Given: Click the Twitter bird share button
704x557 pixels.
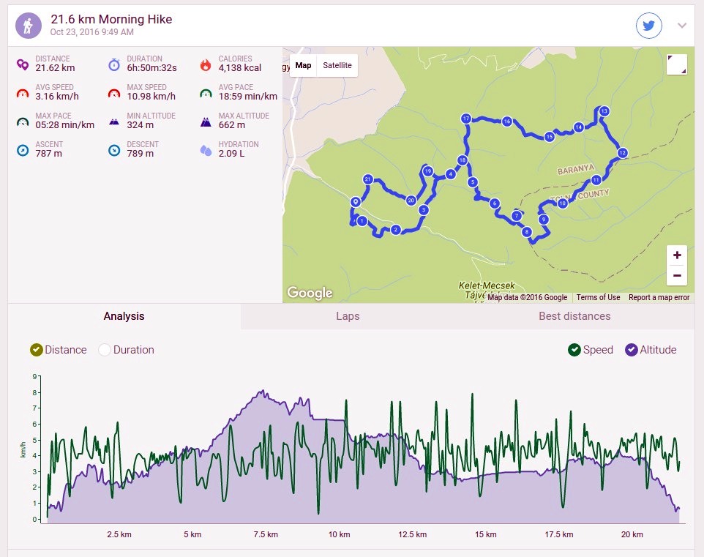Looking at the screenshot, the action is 649,26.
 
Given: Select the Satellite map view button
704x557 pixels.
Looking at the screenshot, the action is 337,66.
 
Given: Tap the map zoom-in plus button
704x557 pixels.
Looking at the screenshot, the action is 677,255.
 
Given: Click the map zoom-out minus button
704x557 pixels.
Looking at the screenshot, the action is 677,275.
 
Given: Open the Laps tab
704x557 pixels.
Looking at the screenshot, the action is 348,316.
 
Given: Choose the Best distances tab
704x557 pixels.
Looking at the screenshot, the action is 574,316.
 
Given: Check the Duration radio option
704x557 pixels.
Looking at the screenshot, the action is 105,350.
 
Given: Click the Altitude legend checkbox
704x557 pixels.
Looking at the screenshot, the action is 632,350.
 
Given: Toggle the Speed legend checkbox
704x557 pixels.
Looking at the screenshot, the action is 574,350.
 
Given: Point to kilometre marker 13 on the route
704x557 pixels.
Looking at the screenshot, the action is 604,111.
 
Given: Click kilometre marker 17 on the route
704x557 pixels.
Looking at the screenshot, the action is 465,119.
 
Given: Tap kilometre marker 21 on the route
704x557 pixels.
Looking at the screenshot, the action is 367,179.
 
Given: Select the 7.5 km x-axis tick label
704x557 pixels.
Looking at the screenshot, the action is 266,534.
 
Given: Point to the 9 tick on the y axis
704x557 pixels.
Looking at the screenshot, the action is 34,376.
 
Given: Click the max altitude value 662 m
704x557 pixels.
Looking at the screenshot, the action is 232,125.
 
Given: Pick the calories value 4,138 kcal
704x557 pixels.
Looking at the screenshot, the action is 240,68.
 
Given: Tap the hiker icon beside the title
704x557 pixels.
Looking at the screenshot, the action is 29,26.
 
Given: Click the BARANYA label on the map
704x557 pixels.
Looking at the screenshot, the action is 576,170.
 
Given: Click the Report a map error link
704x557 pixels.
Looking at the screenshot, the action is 659,297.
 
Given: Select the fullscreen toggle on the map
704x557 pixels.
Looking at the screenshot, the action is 677,64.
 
